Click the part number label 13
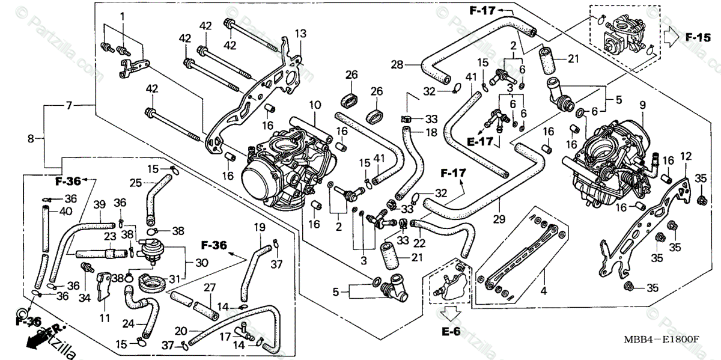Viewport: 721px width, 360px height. point(300,32)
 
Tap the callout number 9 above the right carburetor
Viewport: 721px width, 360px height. point(642,105)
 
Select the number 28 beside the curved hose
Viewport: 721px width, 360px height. point(413,64)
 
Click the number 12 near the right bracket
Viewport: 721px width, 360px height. point(686,157)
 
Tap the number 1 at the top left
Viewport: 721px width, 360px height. point(123,16)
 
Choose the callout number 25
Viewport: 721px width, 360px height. point(136,182)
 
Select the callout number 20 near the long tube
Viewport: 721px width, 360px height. point(180,331)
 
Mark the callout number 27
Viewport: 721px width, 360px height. point(210,287)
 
